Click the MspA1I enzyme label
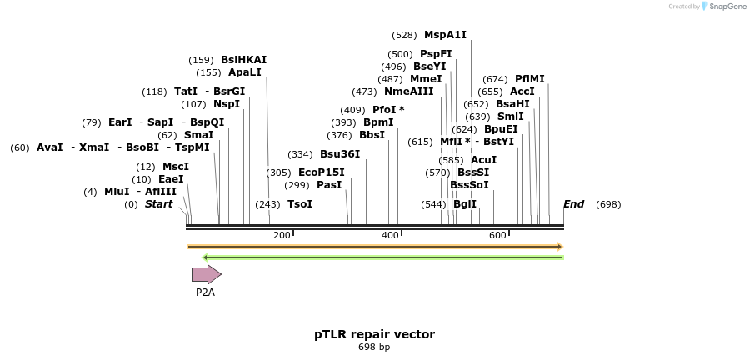pos(445,35)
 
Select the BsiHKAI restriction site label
pos(243,60)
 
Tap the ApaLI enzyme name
pos(244,72)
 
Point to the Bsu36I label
pos(340,154)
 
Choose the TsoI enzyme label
pos(300,204)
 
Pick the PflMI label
pos(529,79)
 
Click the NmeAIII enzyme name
pos(408,92)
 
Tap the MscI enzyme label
pos(175,167)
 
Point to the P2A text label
pos(205,292)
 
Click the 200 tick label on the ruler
pos(282,235)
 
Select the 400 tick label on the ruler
pos(390,235)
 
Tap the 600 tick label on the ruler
pos(497,235)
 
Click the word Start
pos(158,204)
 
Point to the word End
pos(573,204)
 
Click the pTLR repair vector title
pos(374,334)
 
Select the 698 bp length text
pos(374,347)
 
